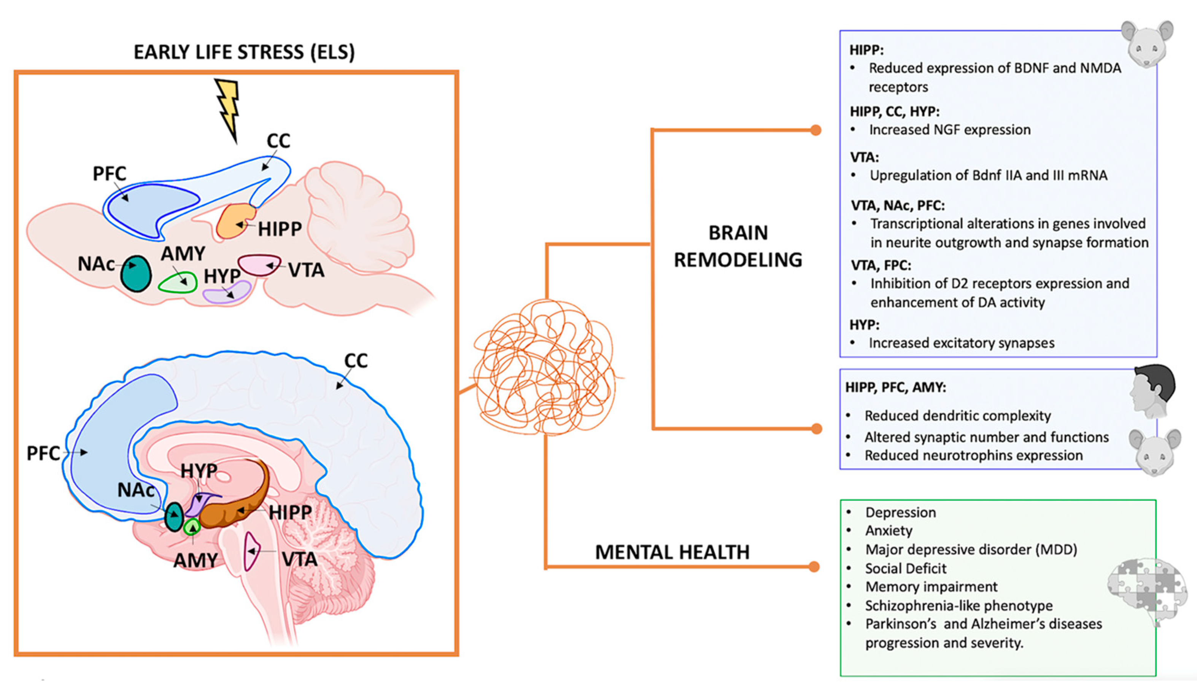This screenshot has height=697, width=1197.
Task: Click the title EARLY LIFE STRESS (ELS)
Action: [x=244, y=52]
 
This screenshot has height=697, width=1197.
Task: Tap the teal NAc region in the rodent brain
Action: [x=136, y=274]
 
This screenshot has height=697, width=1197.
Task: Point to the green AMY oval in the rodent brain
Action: [x=178, y=283]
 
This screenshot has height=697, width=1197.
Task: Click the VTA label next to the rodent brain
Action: [x=306, y=271]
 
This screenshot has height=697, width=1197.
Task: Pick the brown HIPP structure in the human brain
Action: [x=237, y=511]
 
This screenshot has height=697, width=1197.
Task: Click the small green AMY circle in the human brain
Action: [x=192, y=527]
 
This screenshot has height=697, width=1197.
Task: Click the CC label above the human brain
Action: [x=356, y=361]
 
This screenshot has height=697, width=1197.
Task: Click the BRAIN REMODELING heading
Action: [x=738, y=246]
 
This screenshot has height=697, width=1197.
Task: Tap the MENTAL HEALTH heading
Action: [x=672, y=552]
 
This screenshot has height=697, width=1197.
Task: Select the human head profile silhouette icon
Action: [x=1151, y=390]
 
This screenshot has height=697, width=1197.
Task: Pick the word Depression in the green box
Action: [x=900, y=512]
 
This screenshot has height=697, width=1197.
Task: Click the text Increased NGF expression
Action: [x=949, y=130]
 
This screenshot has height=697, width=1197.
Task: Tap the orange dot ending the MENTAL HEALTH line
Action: [x=814, y=567]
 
